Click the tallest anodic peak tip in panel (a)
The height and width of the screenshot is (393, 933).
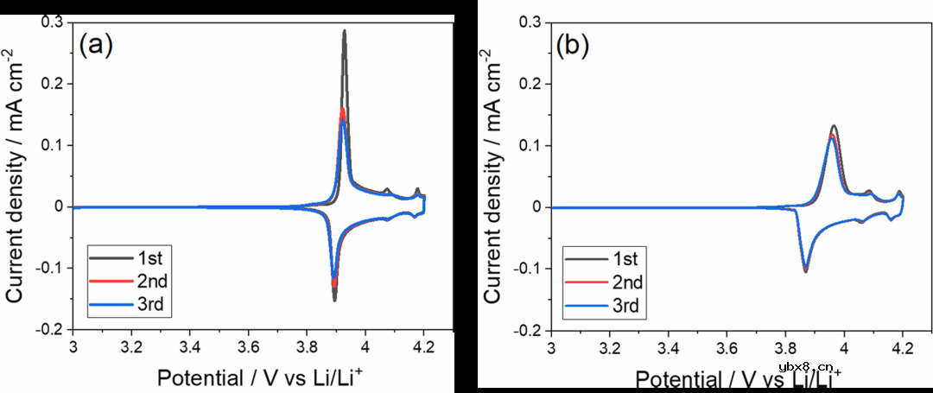pos(345,31)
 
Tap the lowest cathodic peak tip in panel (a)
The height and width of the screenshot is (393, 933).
pos(334,300)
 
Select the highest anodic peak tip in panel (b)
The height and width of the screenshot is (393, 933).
pos(834,126)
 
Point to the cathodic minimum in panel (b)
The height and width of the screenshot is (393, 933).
pos(806,271)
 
